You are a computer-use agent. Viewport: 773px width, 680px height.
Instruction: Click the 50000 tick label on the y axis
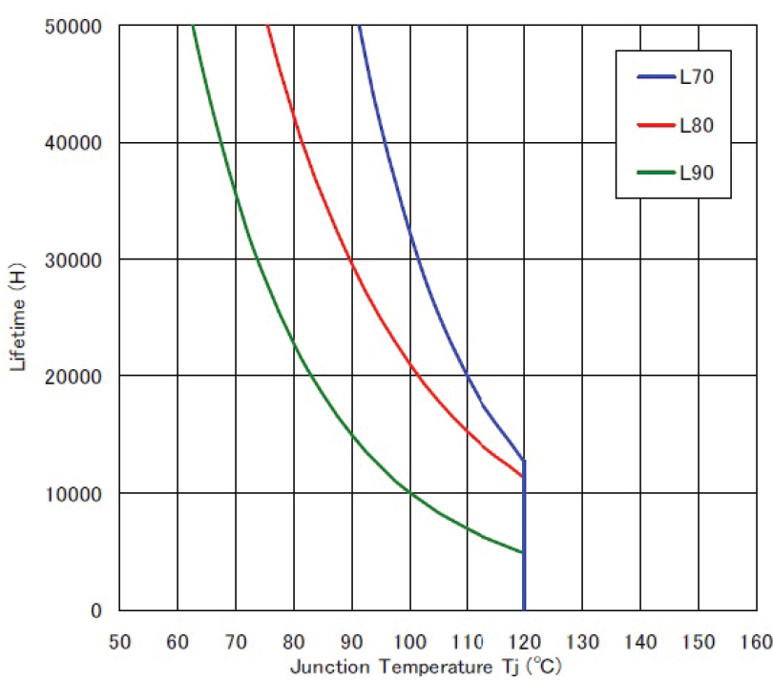(x=73, y=26)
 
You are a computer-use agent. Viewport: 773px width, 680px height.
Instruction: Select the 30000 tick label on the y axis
(x=73, y=259)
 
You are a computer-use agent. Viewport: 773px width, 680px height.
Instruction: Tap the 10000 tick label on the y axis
(x=73, y=493)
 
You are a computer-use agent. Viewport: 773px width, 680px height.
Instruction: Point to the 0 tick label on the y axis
(x=95, y=610)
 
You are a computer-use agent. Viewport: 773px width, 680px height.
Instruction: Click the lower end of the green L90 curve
(x=523, y=552)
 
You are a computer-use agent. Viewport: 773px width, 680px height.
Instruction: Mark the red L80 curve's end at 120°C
(x=523, y=476)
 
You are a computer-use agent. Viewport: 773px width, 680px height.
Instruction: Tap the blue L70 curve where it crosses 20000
(x=468, y=376)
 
